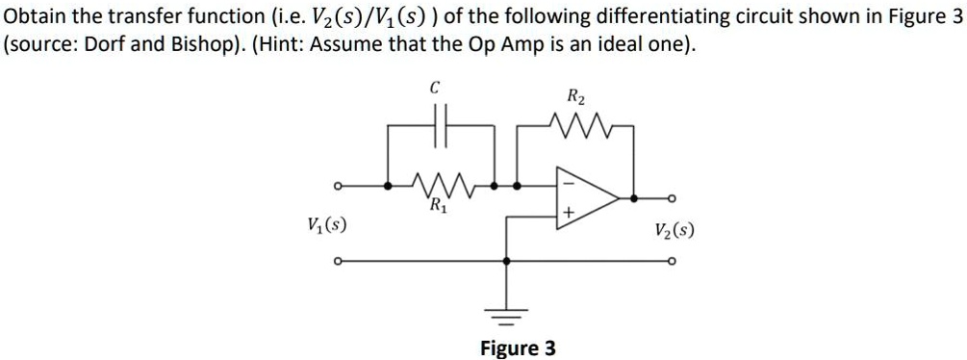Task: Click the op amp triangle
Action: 586,197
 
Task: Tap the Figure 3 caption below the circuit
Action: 518,347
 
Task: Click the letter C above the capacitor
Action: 435,88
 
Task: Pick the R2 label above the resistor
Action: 574,96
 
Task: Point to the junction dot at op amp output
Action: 633,198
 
